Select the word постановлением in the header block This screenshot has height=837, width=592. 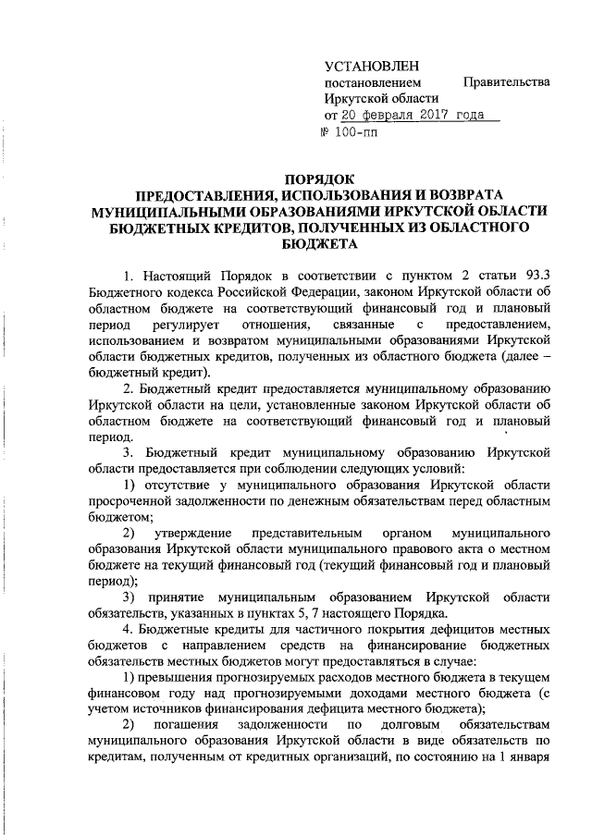click(x=368, y=82)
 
